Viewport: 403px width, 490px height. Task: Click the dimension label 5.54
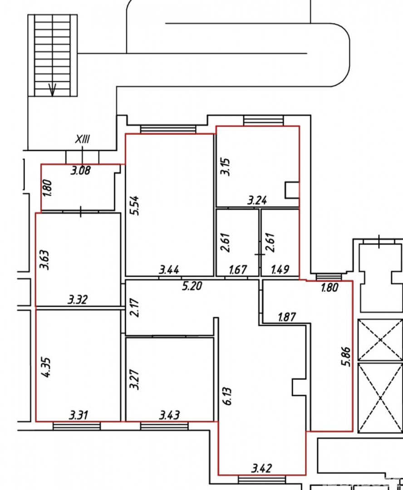click(x=136, y=206)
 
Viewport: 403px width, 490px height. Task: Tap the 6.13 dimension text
click(x=228, y=396)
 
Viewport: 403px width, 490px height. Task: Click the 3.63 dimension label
click(x=44, y=260)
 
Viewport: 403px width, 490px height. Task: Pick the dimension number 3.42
click(x=262, y=468)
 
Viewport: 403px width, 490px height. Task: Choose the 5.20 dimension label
click(x=192, y=286)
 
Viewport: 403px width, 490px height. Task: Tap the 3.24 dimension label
click(x=257, y=200)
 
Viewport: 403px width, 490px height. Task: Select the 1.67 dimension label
click(x=238, y=269)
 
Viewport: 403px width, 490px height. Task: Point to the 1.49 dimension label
click(x=280, y=269)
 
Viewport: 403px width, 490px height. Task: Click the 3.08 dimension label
click(x=81, y=171)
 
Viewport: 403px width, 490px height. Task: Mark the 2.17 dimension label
click(x=136, y=308)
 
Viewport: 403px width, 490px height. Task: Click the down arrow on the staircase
click(x=52, y=90)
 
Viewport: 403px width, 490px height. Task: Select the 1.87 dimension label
click(x=287, y=317)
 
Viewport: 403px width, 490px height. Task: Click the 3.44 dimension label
click(x=169, y=269)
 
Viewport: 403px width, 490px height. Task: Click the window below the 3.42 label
click(x=262, y=480)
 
